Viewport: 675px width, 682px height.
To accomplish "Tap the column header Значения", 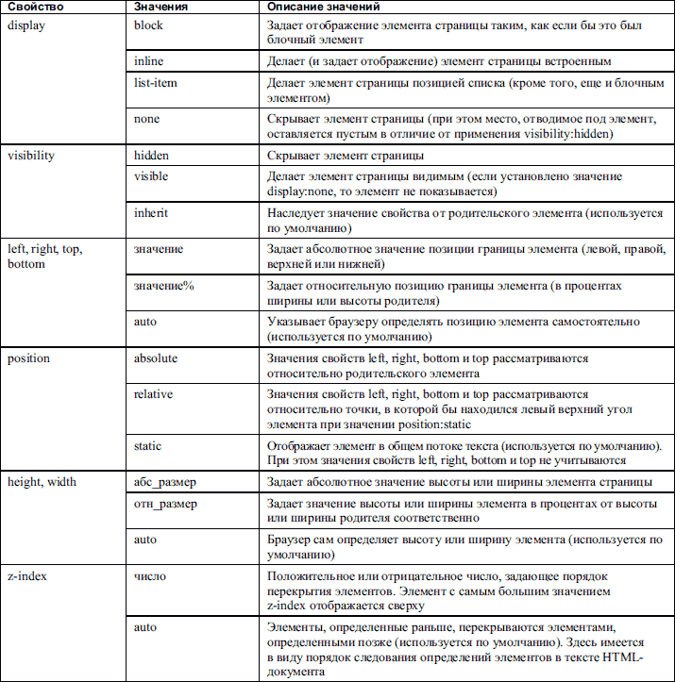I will (x=162, y=8).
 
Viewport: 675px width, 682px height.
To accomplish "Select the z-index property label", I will (x=27, y=576).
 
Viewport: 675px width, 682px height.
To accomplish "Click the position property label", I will (x=28, y=358).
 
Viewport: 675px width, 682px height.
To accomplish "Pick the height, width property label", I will (x=42, y=482).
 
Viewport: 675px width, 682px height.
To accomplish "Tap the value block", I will (x=149, y=25).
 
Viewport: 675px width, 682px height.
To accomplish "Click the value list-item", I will (x=156, y=83).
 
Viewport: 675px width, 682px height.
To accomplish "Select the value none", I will (x=148, y=119).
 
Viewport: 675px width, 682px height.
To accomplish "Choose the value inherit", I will (x=152, y=212).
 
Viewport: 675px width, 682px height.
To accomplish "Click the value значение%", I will (x=164, y=286).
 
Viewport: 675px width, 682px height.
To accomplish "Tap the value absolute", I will (x=156, y=358).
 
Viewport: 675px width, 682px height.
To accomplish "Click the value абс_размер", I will (x=165, y=482).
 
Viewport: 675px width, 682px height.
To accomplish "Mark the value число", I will (x=151, y=576).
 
